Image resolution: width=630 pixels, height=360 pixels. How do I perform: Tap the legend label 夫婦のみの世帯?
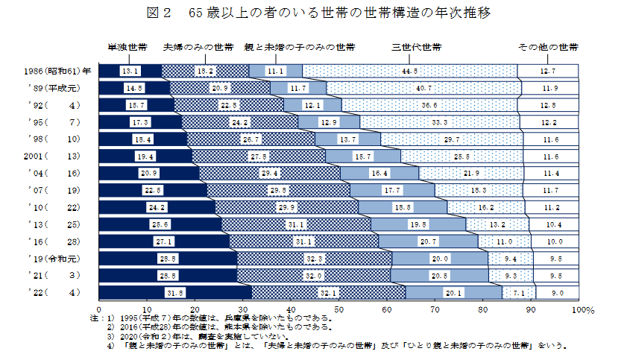pos(198,47)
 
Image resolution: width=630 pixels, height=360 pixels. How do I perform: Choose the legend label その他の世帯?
pos(548,47)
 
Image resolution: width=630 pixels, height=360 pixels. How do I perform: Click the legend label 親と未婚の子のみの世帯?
pos(299,47)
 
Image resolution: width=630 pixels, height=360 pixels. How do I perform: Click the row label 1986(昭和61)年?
pos(57,71)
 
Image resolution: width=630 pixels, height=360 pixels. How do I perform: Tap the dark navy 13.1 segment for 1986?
pos(130,71)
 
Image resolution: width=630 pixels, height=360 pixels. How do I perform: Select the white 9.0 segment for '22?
pos(557,291)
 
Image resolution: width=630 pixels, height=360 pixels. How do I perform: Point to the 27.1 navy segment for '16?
pos(164,241)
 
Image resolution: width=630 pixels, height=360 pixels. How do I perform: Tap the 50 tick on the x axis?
pos(338,307)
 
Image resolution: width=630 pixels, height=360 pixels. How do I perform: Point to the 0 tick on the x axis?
pos(99,307)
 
